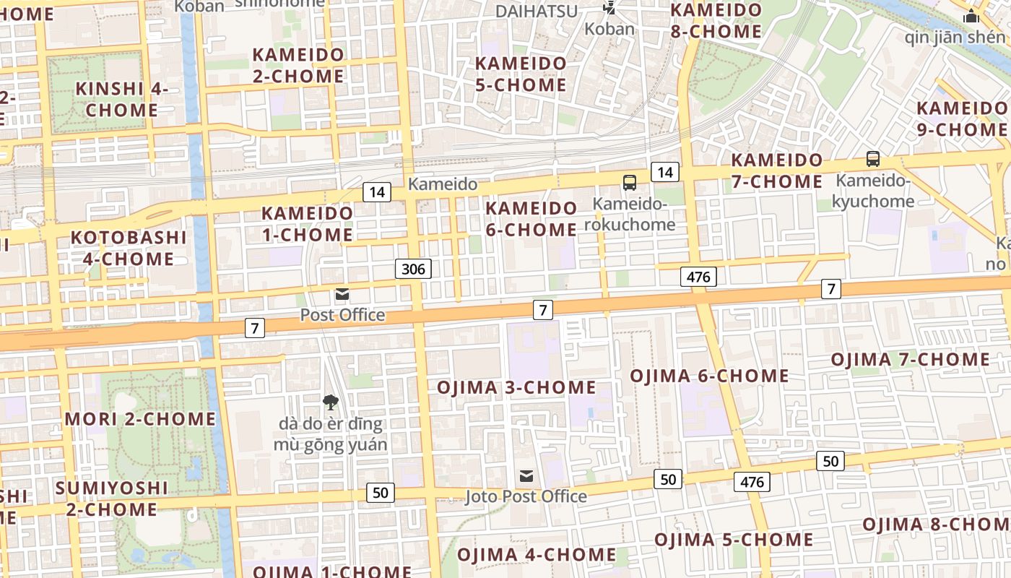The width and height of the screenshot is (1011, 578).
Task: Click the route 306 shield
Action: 413,269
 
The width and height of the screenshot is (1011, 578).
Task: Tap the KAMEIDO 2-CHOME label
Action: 298,65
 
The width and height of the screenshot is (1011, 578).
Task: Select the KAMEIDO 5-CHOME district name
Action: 521,74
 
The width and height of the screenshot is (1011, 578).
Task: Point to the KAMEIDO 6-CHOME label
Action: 531,219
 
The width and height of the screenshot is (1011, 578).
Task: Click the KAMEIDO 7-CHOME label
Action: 777,171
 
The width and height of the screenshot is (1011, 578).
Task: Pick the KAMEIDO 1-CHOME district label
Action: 307,224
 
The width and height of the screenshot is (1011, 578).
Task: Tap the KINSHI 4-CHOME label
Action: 121,100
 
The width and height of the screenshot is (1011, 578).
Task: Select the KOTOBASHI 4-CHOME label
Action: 128,248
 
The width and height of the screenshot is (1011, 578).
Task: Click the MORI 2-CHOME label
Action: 140,419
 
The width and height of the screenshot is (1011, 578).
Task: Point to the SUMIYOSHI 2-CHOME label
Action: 111,499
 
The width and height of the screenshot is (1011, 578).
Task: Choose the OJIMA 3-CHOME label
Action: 516,388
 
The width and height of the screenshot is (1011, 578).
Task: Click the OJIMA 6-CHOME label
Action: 709,376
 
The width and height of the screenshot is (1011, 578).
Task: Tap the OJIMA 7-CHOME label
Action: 910,360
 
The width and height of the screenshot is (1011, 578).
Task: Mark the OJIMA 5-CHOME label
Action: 734,540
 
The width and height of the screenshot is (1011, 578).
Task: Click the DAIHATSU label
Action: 537,11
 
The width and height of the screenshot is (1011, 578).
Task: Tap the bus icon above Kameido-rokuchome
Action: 630,183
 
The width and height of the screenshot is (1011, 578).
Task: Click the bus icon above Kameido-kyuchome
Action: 872,159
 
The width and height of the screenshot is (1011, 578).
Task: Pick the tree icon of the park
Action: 330,402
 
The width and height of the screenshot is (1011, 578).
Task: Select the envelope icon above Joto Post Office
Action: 526,476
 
